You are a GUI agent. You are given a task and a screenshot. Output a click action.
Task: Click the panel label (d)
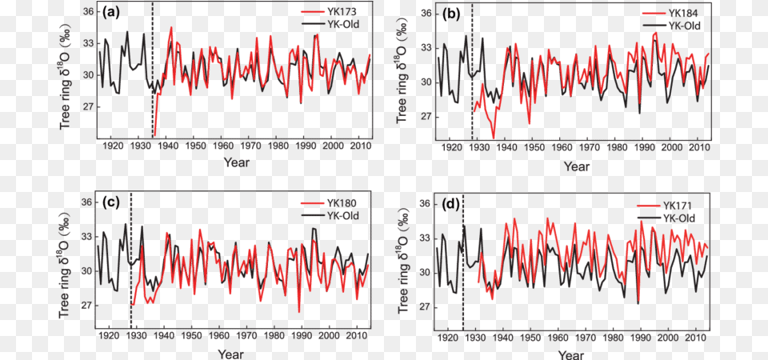[x=451, y=205]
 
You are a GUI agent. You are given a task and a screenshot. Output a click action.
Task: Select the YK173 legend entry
[x=338, y=12]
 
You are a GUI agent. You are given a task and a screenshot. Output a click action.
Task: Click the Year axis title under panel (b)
[x=576, y=166]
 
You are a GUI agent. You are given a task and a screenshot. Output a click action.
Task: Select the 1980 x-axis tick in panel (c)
[x=277, y=338]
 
